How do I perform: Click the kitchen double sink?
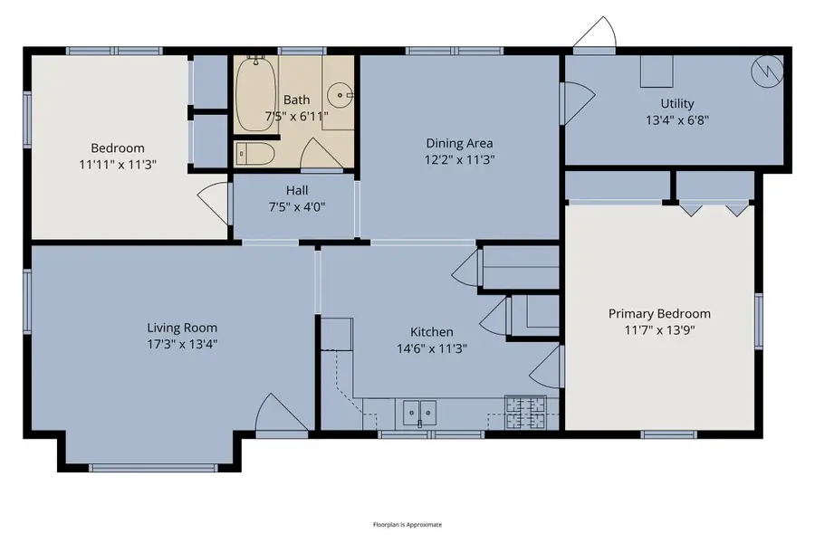pos(419,413)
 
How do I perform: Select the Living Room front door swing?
pos(274,415)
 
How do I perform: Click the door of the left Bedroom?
pos(214,200)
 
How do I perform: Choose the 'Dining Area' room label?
pos(460,143)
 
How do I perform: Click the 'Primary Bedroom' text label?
pos(659,314)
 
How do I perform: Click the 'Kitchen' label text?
pos(432,332)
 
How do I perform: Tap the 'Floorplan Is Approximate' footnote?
pos(407,525)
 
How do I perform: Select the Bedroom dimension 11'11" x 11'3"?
pos(118,164)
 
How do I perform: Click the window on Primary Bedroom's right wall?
pos(759,320)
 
